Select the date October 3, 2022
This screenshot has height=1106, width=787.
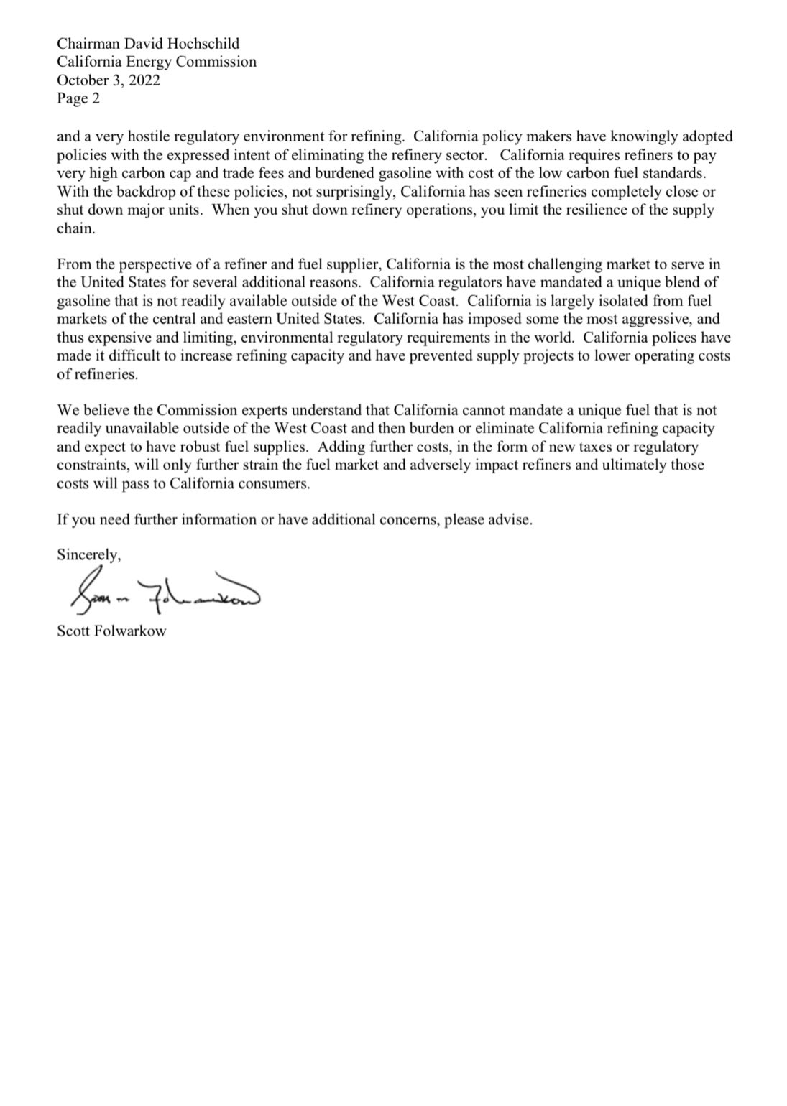click(x=109, y=80)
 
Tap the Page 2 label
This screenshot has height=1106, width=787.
click(x=78, y=99)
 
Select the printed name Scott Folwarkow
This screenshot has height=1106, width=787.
click(x=111, y=632)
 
